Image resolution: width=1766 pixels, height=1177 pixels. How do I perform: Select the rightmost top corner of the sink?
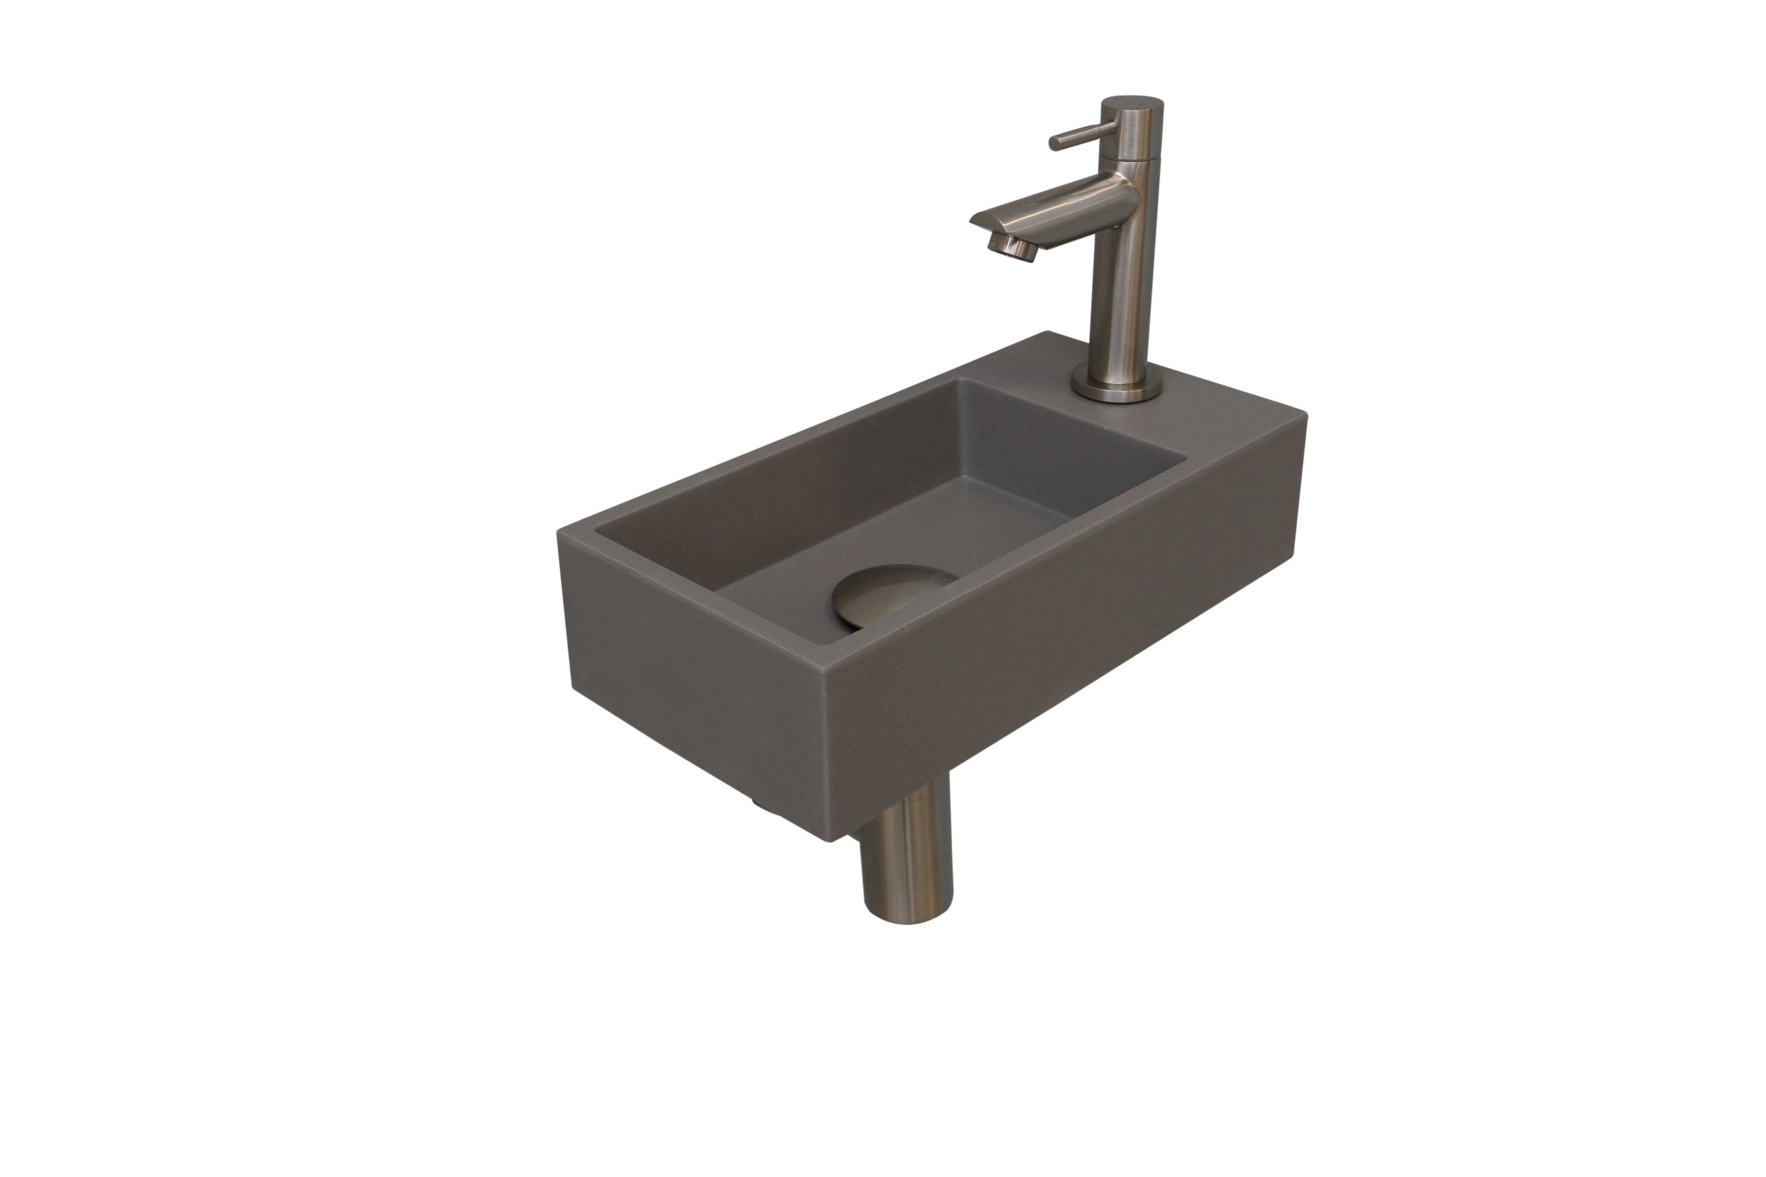(1306, 417)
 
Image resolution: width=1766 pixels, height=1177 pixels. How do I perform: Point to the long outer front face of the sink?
(1066, 638)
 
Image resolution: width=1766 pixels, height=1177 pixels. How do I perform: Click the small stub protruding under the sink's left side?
(759, 804)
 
